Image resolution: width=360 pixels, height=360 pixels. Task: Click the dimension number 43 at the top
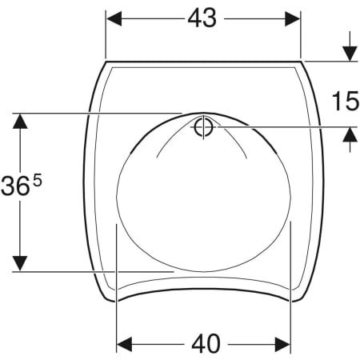point(202,18)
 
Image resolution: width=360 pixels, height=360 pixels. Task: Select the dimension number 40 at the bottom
point(206,344)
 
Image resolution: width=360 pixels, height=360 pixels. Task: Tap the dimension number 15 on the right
point(346,101)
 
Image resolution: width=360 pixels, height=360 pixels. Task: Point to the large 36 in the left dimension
point(15,186)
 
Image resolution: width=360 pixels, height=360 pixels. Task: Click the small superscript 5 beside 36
point(38,182)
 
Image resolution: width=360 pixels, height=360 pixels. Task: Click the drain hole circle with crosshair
point(203,127)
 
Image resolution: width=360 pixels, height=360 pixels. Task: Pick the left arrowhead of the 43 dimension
point(114,19)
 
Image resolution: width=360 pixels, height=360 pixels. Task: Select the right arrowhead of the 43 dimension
point(293,19)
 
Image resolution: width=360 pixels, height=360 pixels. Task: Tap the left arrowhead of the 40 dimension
point(125,344)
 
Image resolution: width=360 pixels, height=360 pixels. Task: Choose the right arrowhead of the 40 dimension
point(282,344)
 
